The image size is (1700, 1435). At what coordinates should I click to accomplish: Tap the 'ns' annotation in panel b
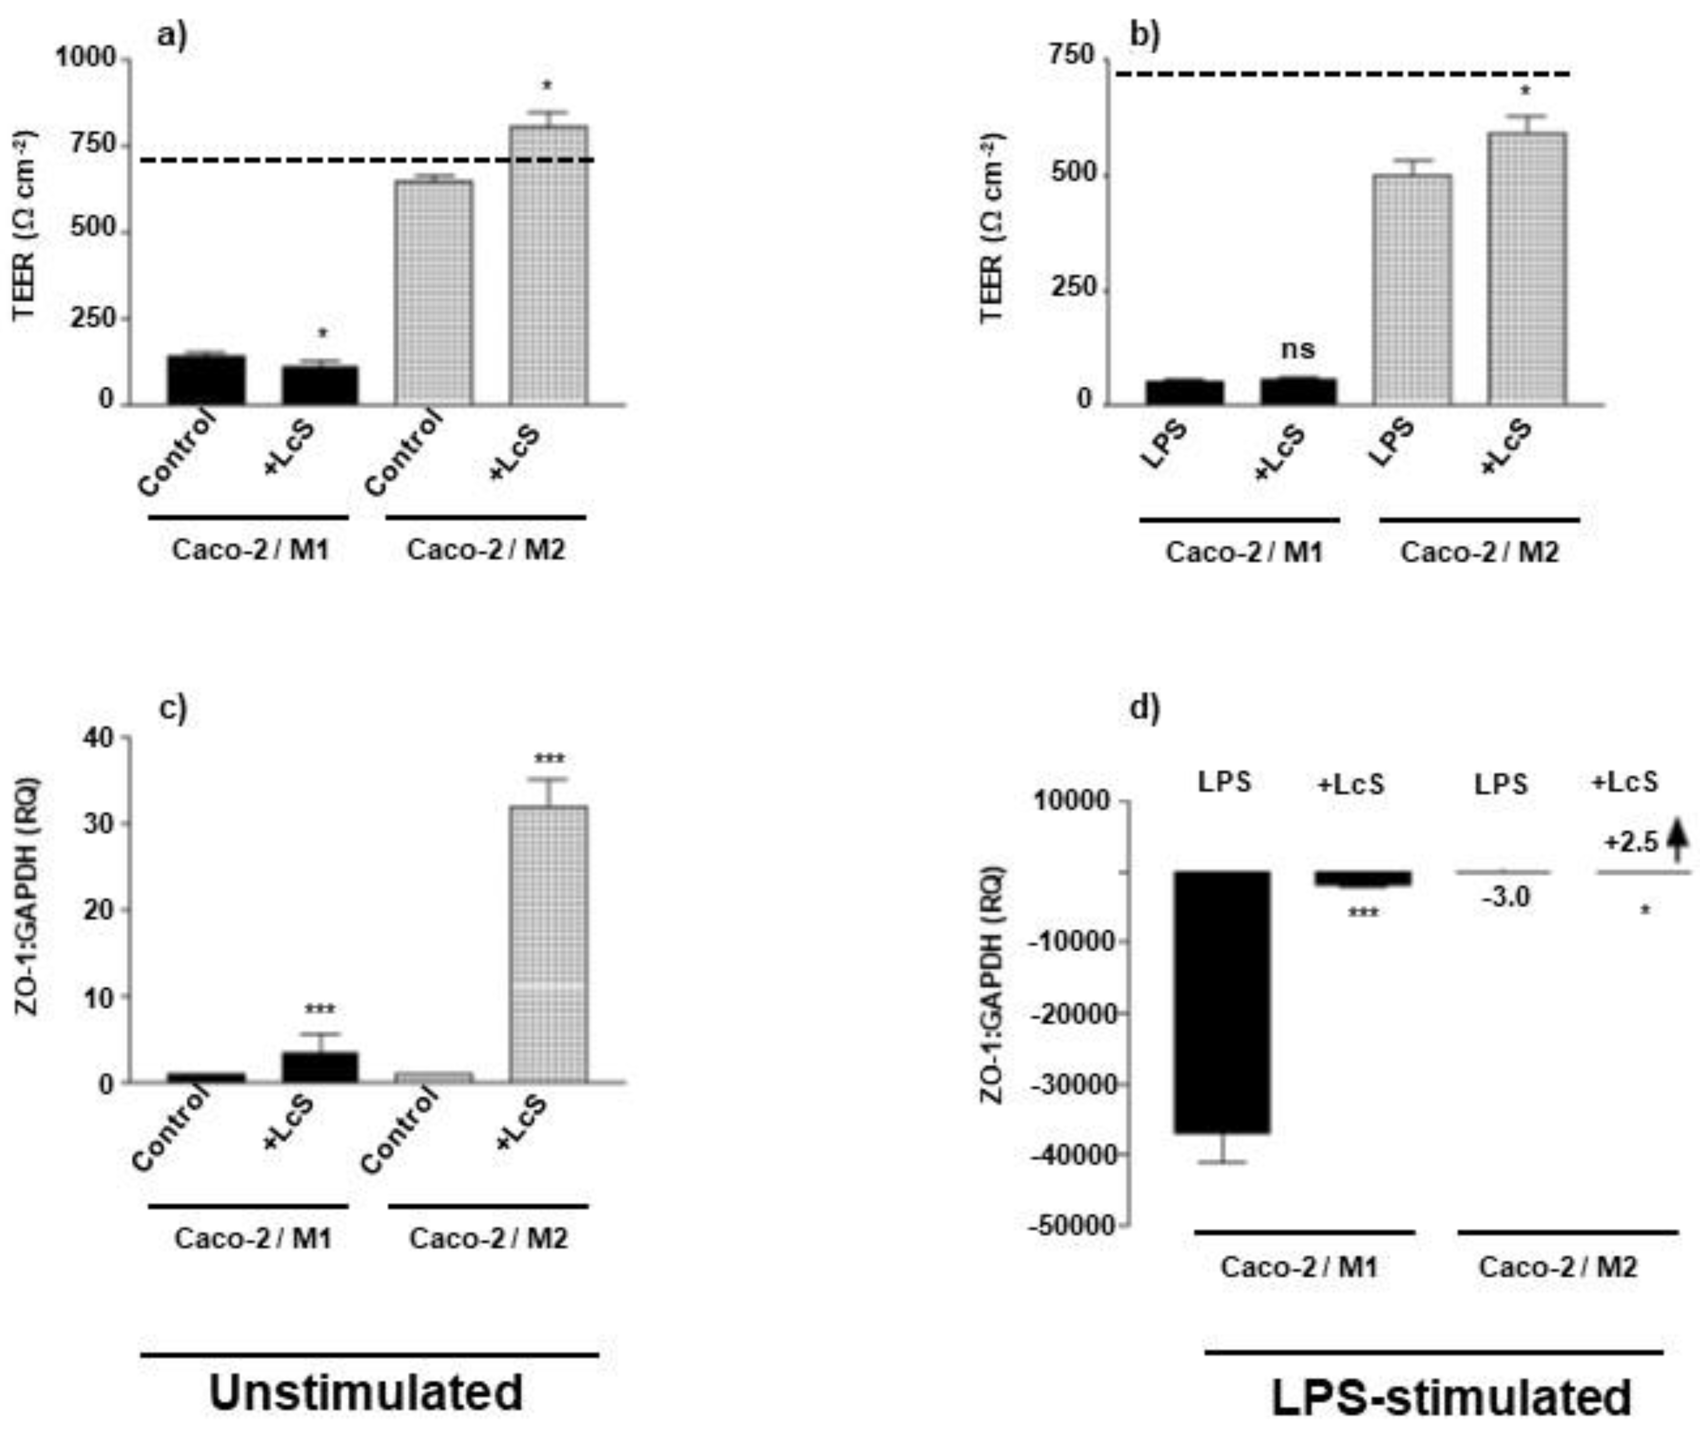tap(1297, 349)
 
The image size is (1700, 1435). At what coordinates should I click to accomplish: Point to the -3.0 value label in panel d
tap(1505, 897)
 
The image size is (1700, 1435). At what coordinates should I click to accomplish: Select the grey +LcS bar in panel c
tap(548, 944)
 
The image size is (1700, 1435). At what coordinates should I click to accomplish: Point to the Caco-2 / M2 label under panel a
tap(486, 550)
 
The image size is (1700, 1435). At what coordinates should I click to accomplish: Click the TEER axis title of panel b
tap(993, 228)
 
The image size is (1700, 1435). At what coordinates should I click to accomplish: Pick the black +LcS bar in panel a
tap(320, 385)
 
